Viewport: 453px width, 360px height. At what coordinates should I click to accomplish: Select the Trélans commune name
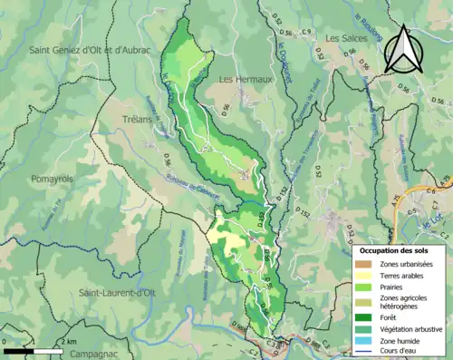(136, 118)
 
